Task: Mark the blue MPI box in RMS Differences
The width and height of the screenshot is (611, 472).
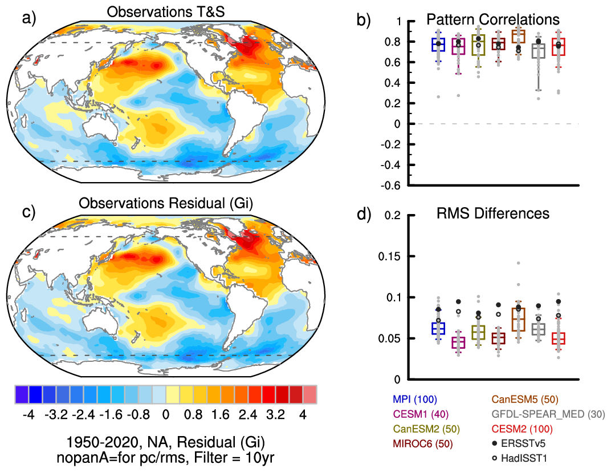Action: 438,328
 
